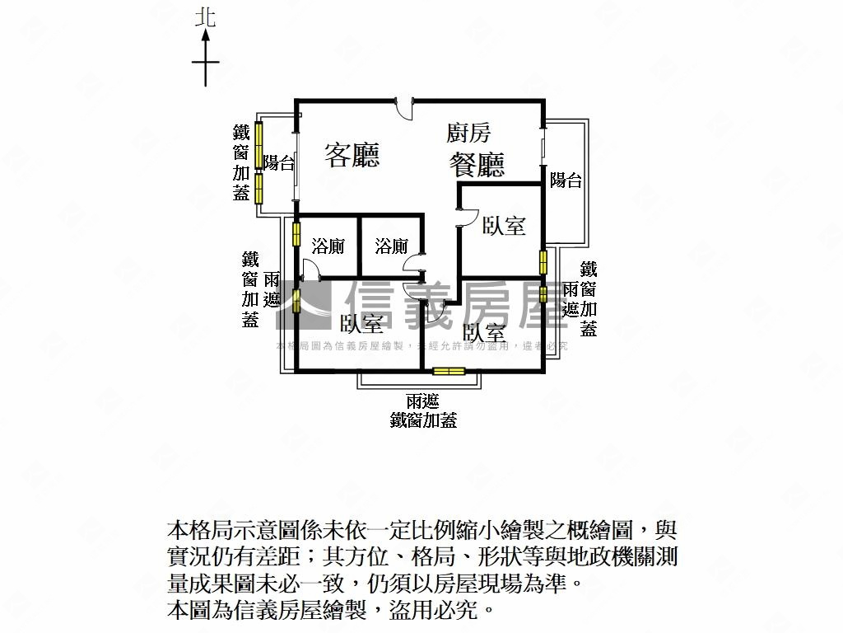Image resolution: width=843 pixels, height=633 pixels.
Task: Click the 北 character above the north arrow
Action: [205, 17]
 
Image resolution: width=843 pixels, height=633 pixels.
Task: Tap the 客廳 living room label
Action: [352, 154]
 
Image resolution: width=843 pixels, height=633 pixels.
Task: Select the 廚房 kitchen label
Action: [468, 133]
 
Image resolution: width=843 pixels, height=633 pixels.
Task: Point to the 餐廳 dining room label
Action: [477, 165]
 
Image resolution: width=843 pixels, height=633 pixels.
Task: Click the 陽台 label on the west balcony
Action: [279, 163]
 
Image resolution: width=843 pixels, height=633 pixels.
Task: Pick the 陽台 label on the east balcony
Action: [566, 181]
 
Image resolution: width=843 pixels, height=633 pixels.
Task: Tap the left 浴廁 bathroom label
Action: [328, 246]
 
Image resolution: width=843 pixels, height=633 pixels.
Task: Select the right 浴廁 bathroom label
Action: [391, 246]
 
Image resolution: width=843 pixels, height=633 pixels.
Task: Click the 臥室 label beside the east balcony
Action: [504, 225]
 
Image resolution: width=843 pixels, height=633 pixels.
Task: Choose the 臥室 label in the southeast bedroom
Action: [484, 332]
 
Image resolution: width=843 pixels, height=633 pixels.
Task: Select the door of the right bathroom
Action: [413, 263]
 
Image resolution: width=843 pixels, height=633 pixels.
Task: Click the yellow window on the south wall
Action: [449, 371]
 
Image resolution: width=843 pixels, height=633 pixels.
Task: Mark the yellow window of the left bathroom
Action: [296, 234]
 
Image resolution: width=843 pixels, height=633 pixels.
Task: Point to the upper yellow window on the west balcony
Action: [258, 144]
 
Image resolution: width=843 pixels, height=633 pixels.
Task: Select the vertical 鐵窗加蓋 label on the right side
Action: [588, 298]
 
